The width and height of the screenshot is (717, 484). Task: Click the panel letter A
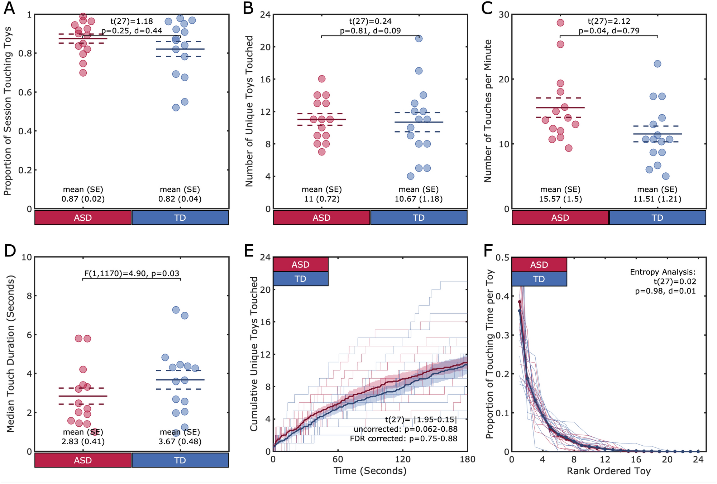(x=9, y=8)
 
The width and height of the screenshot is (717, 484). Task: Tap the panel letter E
(x=249, y=250)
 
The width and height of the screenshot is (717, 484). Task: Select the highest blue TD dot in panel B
(x=419, y=38)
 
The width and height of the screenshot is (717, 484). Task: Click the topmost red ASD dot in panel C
(x=560, y=23)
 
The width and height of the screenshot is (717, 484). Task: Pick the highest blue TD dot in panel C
(x=658, y=64)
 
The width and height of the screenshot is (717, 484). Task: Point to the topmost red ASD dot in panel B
(x=322, y=79)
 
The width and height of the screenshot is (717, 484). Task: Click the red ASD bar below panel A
(x=83, y=218)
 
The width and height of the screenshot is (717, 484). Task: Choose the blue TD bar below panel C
(x=658, y=218)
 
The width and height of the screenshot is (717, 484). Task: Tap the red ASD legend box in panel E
(x=301, y=264)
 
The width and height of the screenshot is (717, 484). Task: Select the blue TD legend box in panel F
(x=539, y=279)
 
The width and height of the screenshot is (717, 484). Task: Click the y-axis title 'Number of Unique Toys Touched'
(x=249, y=111)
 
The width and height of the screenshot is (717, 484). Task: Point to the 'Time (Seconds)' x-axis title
(x=370, y=471)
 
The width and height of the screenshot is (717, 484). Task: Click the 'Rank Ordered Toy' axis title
(x=608, y=471)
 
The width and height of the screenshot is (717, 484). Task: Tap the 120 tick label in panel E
(x=402, y=459)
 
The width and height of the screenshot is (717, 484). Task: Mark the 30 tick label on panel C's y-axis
(x=504, y=15)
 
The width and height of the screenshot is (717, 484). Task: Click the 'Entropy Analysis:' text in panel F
(x=663, y=272)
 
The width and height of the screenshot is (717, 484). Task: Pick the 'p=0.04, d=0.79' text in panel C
(x=609, y=31)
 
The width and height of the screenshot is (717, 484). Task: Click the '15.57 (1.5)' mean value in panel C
(x=560, y=199)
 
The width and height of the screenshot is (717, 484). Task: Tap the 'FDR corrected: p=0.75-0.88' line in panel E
(x=403, y=439)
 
